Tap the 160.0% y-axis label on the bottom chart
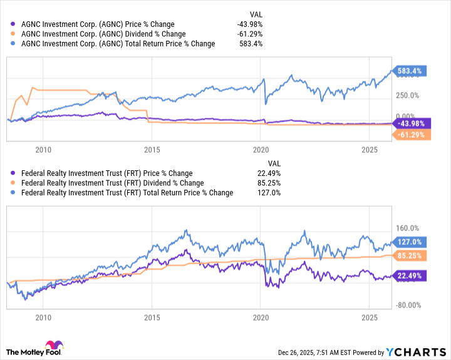point(406,229)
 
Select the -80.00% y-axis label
point(407,305)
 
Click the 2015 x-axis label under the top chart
point(152,150)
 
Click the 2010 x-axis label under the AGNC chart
point(43,150)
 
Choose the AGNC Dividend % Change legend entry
point(103,34)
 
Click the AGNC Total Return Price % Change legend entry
point(117,44)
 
